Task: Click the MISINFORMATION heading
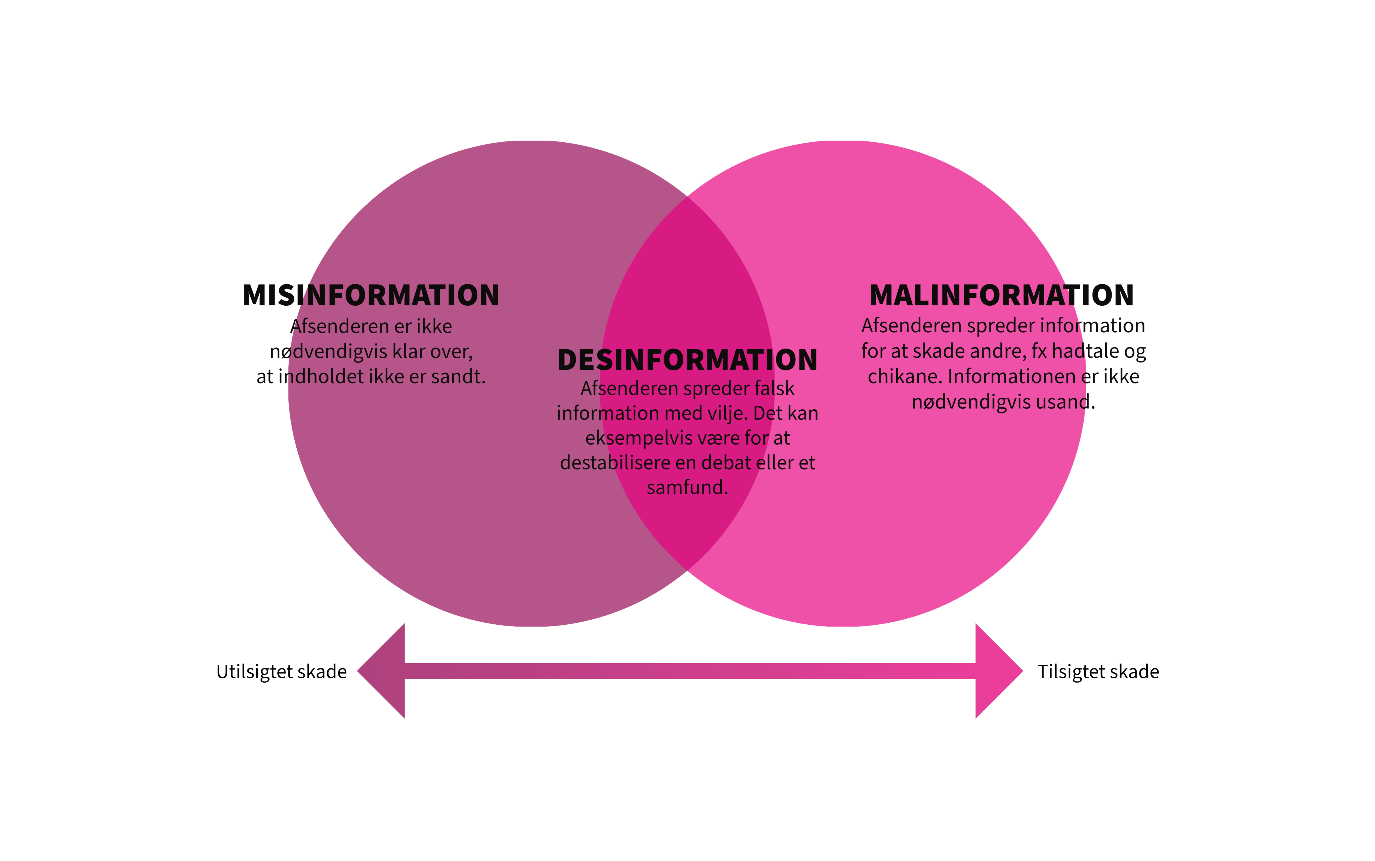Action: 371,295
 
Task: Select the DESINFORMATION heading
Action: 688,360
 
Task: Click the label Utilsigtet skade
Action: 281,672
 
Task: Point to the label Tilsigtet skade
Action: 1098,672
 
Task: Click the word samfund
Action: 687,487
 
